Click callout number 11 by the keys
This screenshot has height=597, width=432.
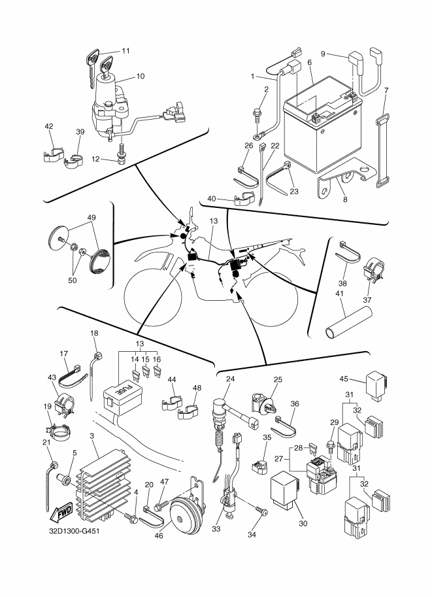pos(125,50)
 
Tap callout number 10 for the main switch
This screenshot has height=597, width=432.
pos(141,76)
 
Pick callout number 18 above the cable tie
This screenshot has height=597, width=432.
pos(93,333)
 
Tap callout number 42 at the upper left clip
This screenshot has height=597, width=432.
pos(49,126)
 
